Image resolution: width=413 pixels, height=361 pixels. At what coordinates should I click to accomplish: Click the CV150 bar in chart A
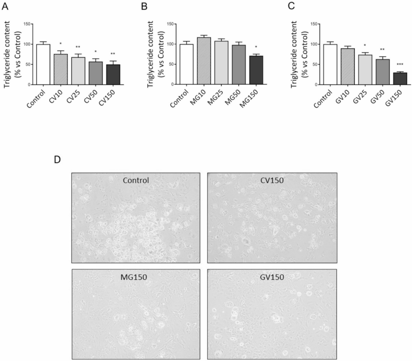113,74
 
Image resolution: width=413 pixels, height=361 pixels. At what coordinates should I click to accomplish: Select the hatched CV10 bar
61,69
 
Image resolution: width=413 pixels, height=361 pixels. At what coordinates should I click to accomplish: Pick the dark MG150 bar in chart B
257,70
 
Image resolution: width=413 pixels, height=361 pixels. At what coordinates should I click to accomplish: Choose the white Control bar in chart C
330,64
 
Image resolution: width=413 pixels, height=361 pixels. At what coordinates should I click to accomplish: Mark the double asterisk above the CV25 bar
78,47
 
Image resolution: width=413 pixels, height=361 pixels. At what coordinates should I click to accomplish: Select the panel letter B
150,7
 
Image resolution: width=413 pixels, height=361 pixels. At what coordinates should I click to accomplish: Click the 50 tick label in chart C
313,65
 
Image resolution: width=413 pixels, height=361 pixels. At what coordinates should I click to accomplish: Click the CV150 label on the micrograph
272,180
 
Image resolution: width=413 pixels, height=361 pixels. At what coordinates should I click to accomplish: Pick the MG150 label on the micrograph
135,276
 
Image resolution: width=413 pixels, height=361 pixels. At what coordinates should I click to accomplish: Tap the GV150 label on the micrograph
272,277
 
